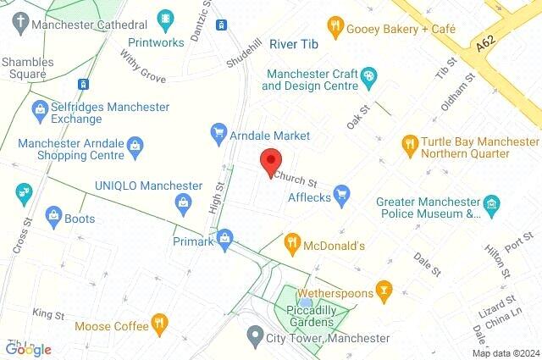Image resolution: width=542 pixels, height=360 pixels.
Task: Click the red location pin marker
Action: tap(270, 161)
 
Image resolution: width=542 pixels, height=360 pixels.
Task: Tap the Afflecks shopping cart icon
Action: tap(342, 196)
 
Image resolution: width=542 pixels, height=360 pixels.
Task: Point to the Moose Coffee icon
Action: tap(158, 324)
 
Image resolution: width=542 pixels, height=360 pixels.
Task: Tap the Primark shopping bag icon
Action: tap(224, 240)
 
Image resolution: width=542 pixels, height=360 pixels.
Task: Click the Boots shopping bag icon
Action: tap(53, 217)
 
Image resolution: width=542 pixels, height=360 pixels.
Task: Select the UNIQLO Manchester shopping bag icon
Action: tap(182, 202)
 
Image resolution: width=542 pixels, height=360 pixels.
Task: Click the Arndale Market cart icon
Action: tap(218, 134)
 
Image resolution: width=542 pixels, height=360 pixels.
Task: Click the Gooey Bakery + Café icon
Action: tap(335, 27)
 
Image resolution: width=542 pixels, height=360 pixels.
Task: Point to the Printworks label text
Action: tap(156, 42)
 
